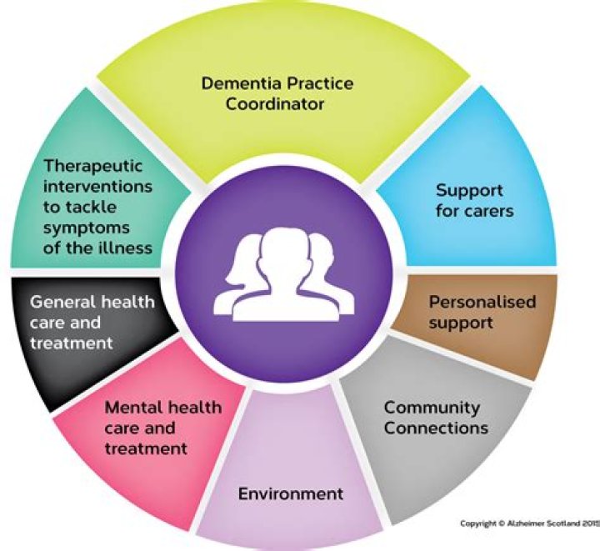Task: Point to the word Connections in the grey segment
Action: coord(436,428)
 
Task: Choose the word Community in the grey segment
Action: coord(432,408)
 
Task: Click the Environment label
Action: coord(291,493)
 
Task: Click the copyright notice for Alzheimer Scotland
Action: coord(528,523)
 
